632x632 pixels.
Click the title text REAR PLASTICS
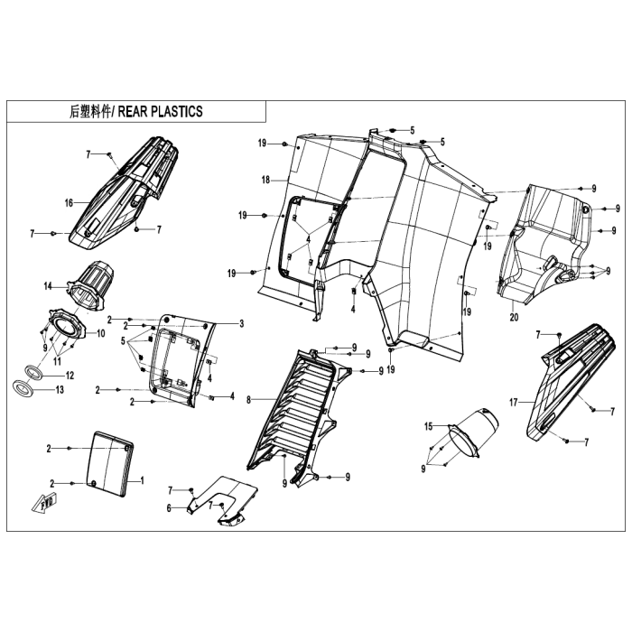pyautogui.click(x=160, y=112)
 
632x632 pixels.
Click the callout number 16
pyautogui.click(x=69, y=203)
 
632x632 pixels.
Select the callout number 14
pyautogui.click(x=48, y=286)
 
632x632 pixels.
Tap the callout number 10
pyautogui.click(x=100, y=333)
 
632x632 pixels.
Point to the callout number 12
pyautogui.click(x=70, y=376)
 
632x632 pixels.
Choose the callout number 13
pyautogui.click(x=60, y=390)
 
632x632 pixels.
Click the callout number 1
pyautogui.click(x=142, y=480)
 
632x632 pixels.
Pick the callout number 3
pyautogui.click(x=241, y=323)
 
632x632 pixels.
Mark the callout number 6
pyautogui.click(x=169, y=508)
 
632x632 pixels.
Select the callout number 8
pyautogui.click(x=248, y=400)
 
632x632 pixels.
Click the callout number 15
pyautogui.click(x=428, y=426)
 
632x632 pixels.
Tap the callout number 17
pyautogui.click(x=513, y=403)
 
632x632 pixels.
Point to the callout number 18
pyautogui.click(x=265, y=180)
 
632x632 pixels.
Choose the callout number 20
pyautogui.click(x=514, y=317)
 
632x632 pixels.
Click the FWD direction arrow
pyautogui.click(x=44, y=503)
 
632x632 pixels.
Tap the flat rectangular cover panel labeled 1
pyautogui.click(x=109, y=464)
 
